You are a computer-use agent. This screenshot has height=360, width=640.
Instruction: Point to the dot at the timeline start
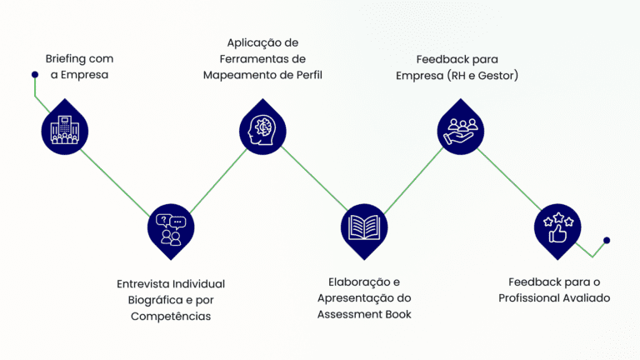[34, 75]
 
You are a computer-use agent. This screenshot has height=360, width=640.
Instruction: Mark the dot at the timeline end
[606, 240]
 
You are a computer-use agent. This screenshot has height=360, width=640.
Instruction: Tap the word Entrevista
[143, 284]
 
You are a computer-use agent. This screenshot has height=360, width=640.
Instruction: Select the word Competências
[171, 316]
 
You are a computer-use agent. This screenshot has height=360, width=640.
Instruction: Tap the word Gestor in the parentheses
[497, 76]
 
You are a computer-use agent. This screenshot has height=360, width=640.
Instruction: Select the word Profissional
[529, 297]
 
